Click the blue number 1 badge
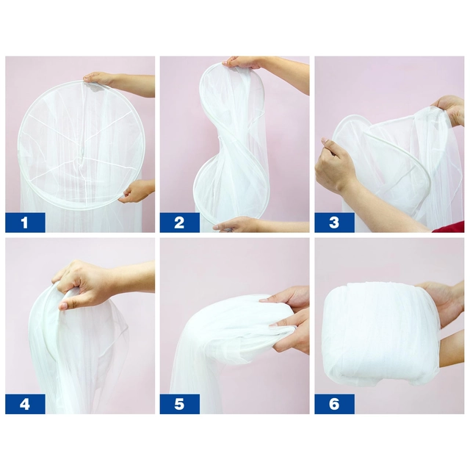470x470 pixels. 25,223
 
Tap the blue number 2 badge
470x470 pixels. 179,223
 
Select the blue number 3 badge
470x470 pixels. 334,223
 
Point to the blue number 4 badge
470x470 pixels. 25,404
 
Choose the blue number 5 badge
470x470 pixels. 179,404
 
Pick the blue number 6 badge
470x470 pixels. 334,404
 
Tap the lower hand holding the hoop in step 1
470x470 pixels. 137,191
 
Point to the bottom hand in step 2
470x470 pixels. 234,224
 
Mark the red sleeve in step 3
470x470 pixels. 449,227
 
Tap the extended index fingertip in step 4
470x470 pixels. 63,306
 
